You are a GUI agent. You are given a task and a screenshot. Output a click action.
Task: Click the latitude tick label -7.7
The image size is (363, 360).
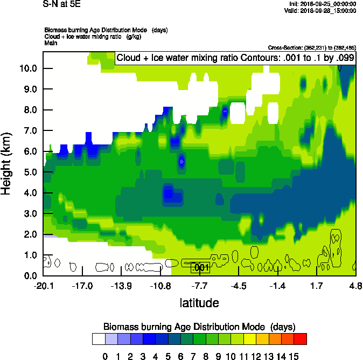[x=200, y=286]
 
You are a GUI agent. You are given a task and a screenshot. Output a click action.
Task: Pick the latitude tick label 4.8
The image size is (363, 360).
[x=355, y=286]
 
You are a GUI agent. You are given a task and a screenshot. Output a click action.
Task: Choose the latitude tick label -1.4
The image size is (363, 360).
[x=277, y=286]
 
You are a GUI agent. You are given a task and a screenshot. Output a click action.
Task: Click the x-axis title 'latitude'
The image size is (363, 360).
[x=199, y=303]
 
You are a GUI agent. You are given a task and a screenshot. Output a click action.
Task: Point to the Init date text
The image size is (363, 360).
[x=321, y=4]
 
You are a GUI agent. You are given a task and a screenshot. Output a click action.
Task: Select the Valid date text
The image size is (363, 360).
[x=320, y=10]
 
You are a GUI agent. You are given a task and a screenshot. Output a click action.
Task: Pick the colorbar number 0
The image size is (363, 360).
[x=106, y=355]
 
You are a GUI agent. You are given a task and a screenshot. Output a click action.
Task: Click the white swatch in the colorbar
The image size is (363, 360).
[x=99, y=338]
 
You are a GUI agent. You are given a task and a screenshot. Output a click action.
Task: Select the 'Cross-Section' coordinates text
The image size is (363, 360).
[x=312, y=48]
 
